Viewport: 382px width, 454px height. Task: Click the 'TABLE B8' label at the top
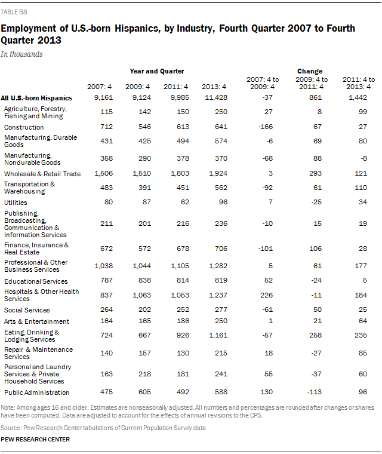click(14, 12)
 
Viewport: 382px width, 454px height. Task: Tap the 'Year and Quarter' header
click(157, 71)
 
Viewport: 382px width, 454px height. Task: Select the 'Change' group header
click(310, 71)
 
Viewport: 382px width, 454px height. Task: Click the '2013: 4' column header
click(214, 87)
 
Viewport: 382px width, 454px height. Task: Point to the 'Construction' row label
click(24, 127)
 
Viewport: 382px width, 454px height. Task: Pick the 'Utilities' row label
click(16, 203)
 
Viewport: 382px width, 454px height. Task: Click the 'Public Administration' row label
click(37, 392)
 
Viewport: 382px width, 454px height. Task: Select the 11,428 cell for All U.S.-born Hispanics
click(216, 97)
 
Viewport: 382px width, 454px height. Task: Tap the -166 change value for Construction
click(266, 127)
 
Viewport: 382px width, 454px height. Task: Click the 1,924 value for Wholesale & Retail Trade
click(218, 173)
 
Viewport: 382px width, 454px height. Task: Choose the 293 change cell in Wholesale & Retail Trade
click(315, 173)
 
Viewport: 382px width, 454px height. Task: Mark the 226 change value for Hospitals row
click(267, 295)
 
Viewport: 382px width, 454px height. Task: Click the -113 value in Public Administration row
click(315, 392)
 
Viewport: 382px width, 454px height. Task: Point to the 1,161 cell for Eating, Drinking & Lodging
click(218, 335)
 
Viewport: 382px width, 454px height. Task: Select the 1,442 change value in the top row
click(358, 97)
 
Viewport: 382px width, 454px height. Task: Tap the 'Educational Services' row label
click(36, 281)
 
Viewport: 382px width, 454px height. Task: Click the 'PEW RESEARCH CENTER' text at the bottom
click(35, 440)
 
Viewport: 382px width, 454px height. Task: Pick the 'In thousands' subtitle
click(21, 54)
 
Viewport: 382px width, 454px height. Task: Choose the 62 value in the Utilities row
click(185, 202)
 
